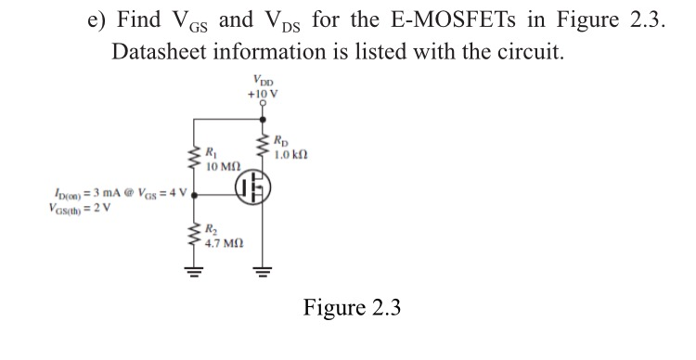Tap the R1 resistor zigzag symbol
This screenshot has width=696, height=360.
click(x=195, y=158)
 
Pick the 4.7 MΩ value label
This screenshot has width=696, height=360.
click(x=225, y=245)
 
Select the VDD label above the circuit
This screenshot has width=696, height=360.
click(x=264, y=82)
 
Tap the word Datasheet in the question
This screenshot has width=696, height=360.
click(x=163, y=50)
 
